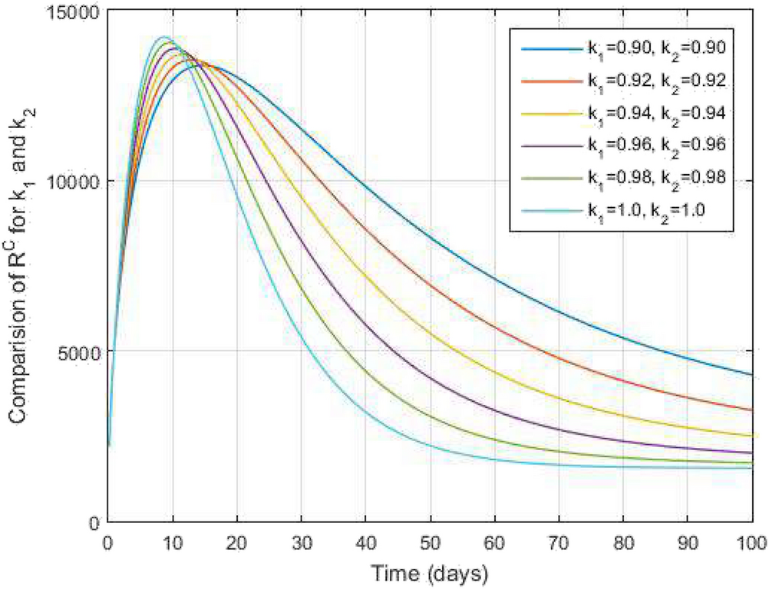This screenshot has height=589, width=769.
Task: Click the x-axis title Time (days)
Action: pos(431,571)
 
